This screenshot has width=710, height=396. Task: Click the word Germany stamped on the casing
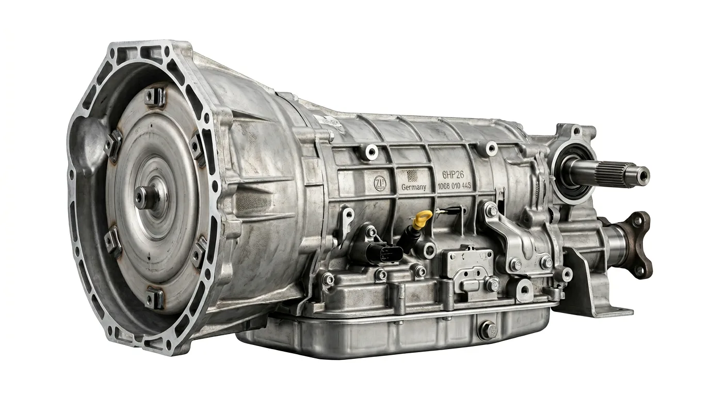click(413, 187)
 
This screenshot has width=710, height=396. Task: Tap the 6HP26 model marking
click(453, 174)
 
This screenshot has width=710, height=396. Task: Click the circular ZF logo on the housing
click(380, 183)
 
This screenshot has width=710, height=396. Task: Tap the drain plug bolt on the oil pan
click(487, 329)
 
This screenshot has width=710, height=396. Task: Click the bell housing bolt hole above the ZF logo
click(370, 151)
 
